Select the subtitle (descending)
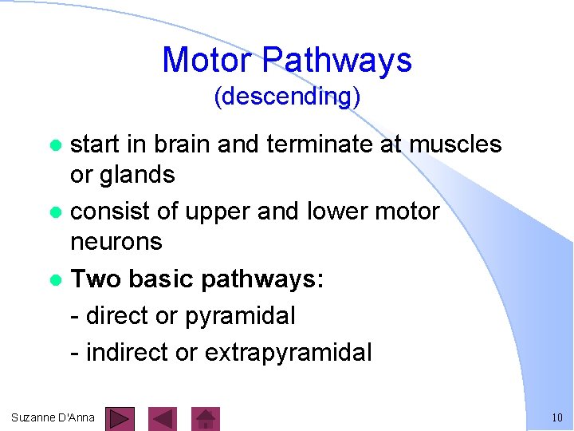pyautogui.click(x=287, y=97)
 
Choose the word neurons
pyautogui.click(x=116, y=241)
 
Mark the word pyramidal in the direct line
pyautogui.click(x=240, y=316)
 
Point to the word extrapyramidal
pyautogui.click(x=289, y=352)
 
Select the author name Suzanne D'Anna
pyautogui.click(x=53, y=417)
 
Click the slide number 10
pyautogui.click(x=556, y=417)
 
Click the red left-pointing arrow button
pyautogui.click(x=163, y=418)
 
